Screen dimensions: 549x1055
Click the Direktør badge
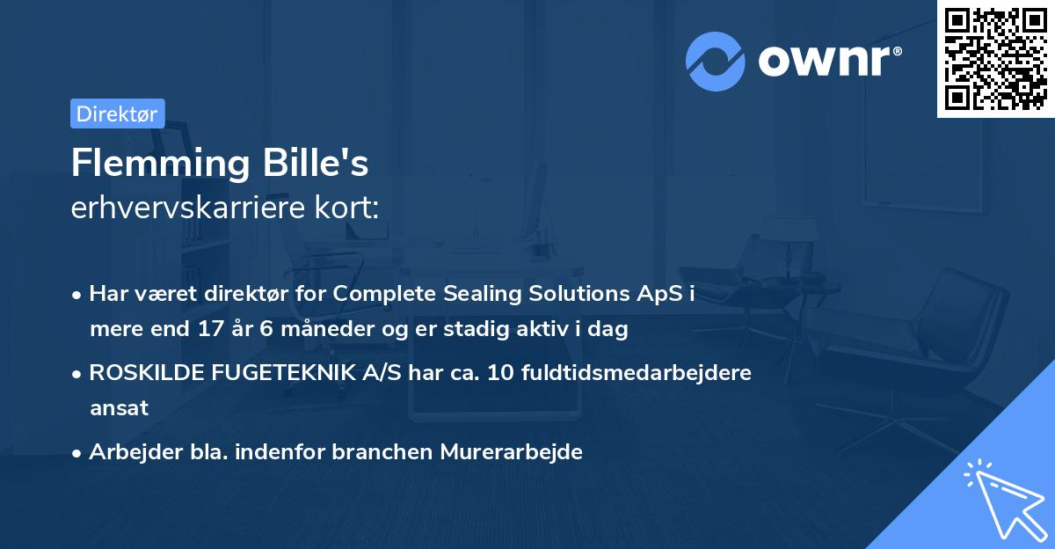117,113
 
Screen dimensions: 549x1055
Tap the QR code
995,58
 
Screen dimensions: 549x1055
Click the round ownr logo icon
716,61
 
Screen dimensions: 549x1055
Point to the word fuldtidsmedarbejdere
637,372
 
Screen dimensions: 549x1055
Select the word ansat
119,407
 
